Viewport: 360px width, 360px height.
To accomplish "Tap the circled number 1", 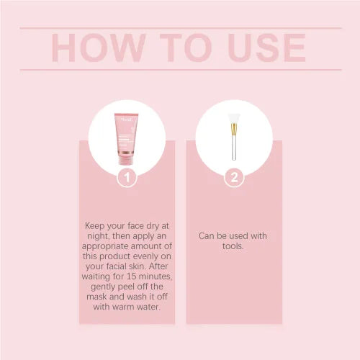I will [127, 176].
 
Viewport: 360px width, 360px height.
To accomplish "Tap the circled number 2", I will [233, 176].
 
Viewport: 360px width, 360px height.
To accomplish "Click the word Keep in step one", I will [97, 225].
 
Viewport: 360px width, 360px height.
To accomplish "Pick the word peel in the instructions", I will [127, 285].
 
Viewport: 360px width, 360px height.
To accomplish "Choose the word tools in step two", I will [234, 245].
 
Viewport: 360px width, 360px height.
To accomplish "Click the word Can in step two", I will [207, 235].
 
